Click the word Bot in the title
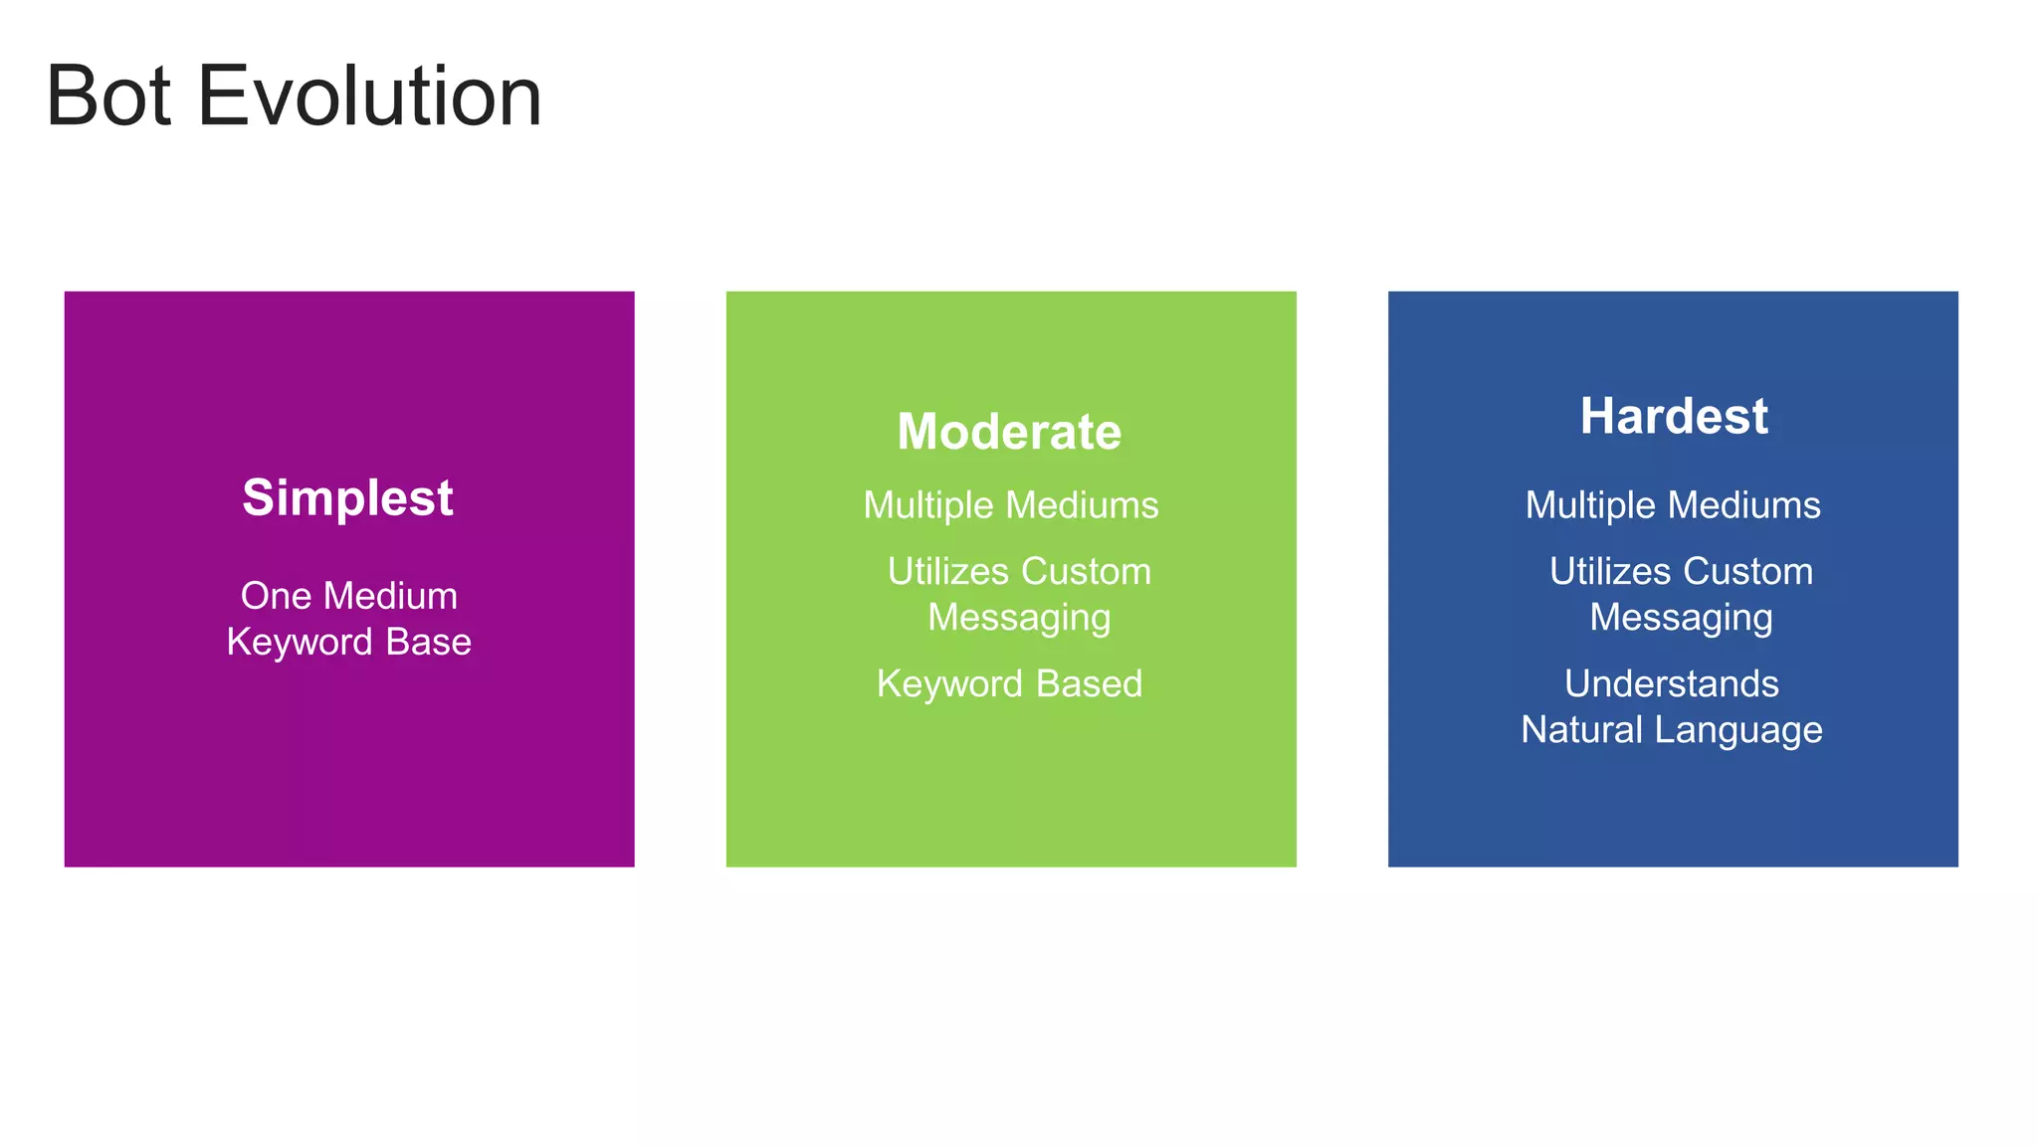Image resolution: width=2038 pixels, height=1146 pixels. (107, 96)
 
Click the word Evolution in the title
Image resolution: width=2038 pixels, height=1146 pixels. (369, 96)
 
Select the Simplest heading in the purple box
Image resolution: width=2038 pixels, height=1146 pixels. (347, 497)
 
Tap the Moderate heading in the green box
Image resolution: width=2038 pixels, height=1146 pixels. (1009, 432)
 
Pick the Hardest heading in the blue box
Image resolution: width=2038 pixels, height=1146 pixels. (1674, 416)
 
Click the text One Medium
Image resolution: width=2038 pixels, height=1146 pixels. (349, 596)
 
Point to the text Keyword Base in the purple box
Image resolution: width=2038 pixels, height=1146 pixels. (349, 642)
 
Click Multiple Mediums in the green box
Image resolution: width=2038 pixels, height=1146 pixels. (1011, 505)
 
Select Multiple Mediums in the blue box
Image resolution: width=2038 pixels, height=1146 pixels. (1673, 505)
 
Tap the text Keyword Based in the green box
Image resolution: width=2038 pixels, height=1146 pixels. (1009, 683)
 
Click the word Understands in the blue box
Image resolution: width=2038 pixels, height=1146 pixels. (1672, 683)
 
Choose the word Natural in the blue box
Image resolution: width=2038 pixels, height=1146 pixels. (1581, 730)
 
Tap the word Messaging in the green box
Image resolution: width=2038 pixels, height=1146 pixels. (1019, 618)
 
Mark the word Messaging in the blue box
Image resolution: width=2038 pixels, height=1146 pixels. (1681, 618)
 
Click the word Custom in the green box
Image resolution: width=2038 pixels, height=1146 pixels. (1086, 571)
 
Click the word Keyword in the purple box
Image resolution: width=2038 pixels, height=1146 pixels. (301, 642)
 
